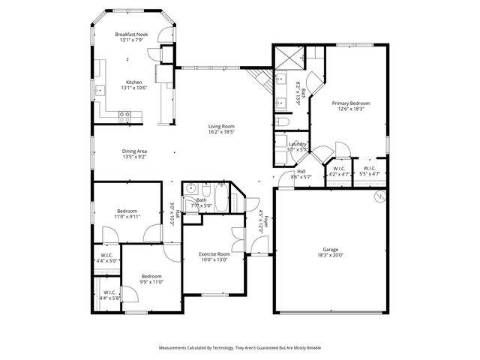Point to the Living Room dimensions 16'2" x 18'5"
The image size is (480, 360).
tap(221, 131)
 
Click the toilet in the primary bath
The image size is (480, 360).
tap(282, 121)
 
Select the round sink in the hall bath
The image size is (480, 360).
tap(191, 188)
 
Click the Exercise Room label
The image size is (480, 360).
tap(214, 254)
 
